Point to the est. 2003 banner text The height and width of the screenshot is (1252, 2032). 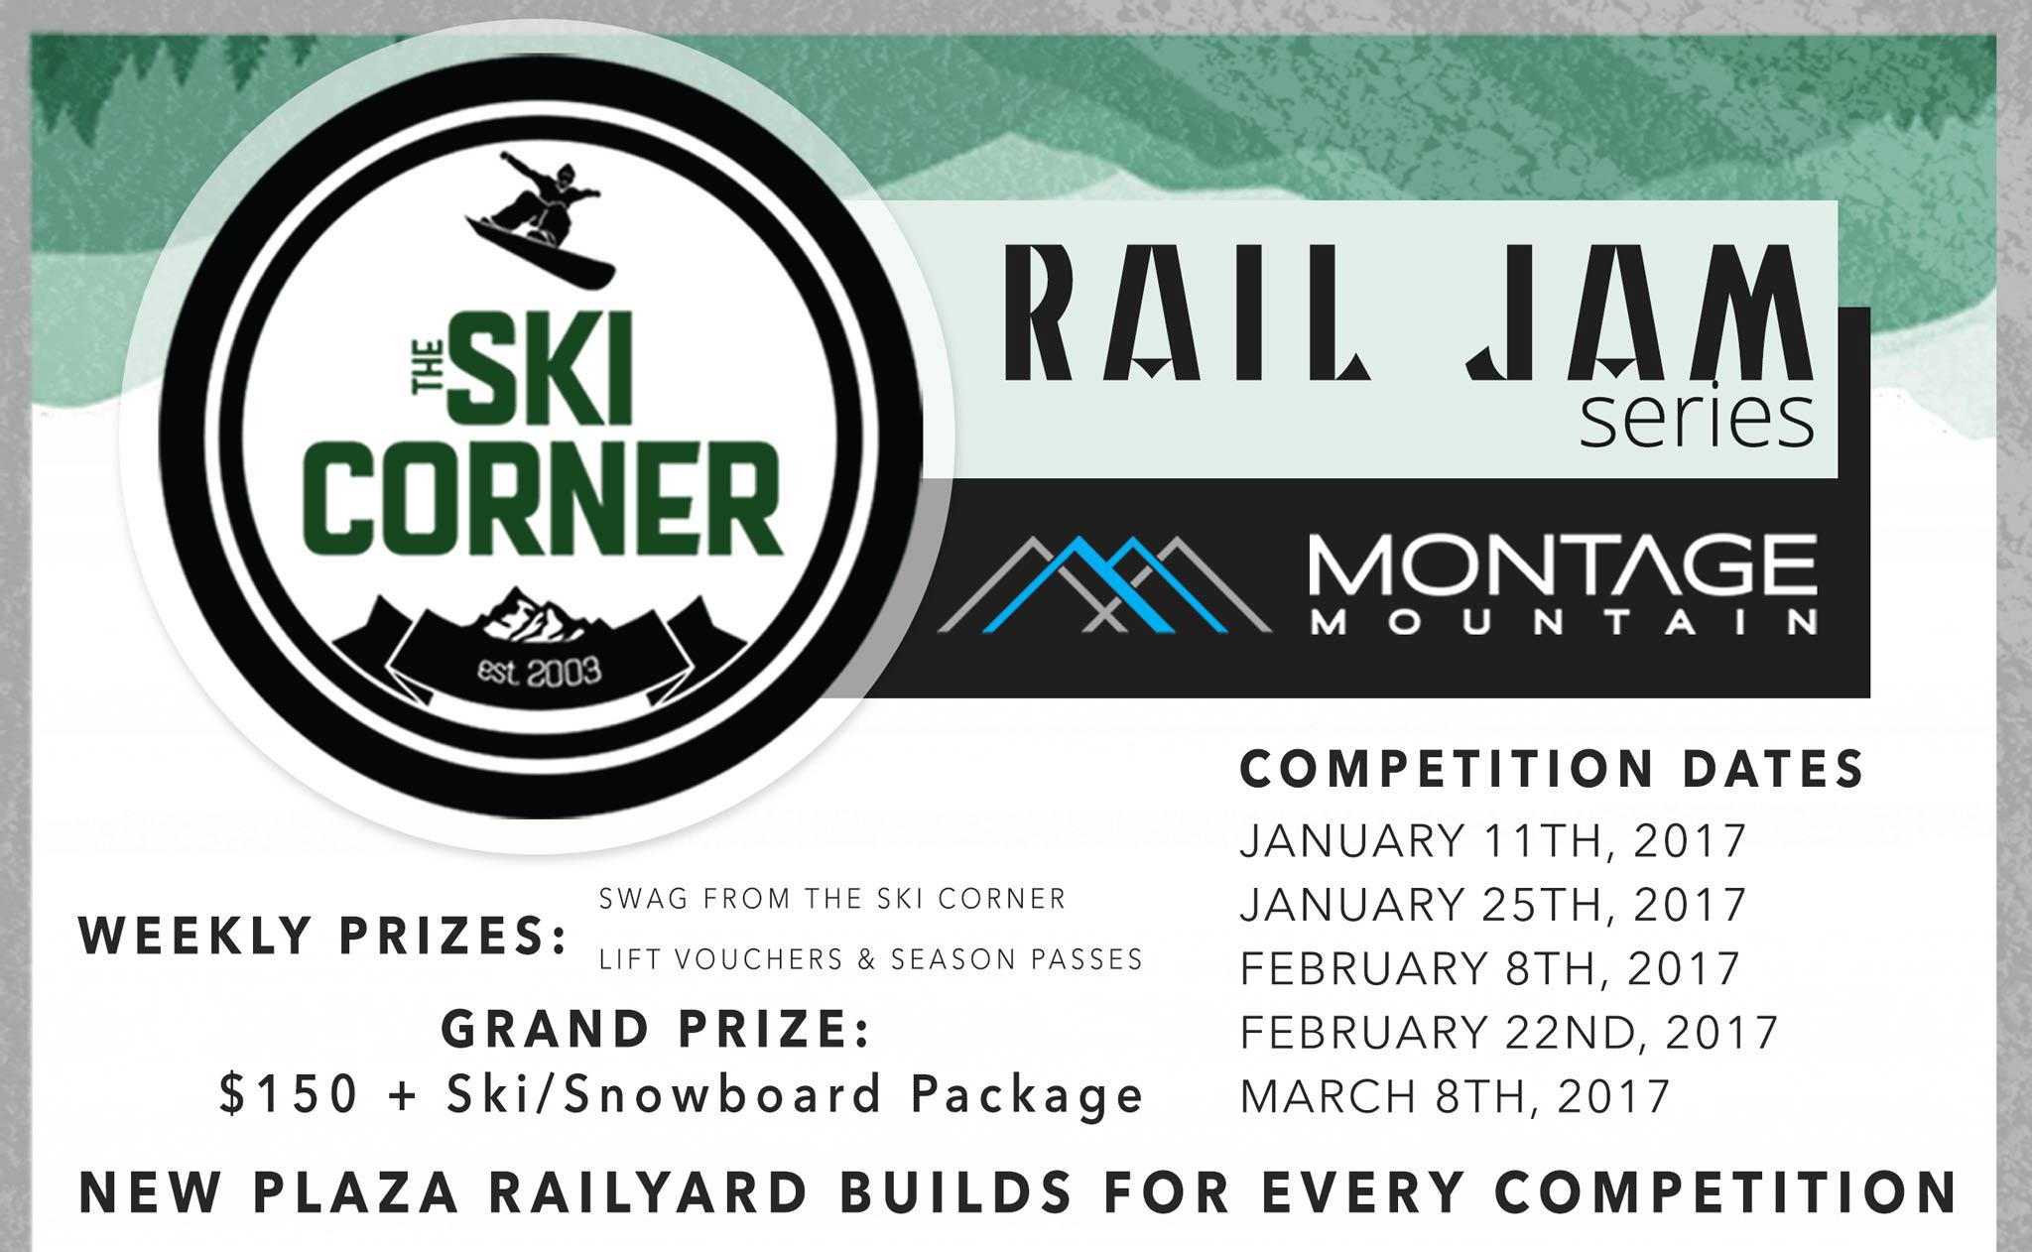(x=540, y=672)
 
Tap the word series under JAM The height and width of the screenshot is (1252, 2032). (x=1698, y=420)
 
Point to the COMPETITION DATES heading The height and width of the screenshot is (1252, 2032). (x=1553, y=770)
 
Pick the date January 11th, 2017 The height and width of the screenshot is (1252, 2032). (x=1493, y=841)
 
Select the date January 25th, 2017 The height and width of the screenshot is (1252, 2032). (x=1493, y=905)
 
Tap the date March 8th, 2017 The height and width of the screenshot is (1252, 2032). (x=1456, y=1095)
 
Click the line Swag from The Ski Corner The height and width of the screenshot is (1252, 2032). (x=832, y=899)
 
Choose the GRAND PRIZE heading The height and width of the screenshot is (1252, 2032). (x=656, y=1030)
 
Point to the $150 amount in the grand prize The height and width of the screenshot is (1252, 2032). (x=289, y=1094)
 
